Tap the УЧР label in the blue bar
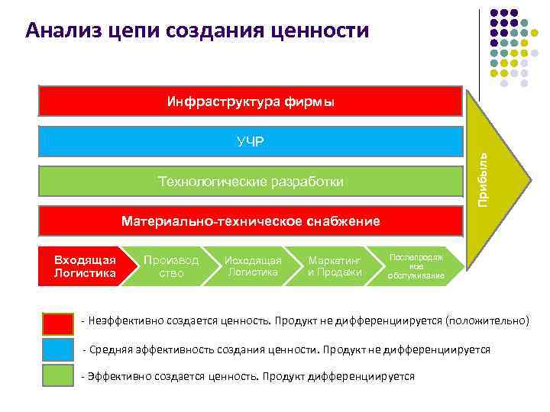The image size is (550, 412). tap(251, 142)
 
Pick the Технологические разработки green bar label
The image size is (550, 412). tap(251, 182)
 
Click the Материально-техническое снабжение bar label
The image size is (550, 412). tap(251, 221)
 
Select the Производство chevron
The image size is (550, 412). tap(171, 266)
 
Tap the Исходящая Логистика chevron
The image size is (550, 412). tap(252, 266)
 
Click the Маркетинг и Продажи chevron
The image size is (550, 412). tap(335, 266)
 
